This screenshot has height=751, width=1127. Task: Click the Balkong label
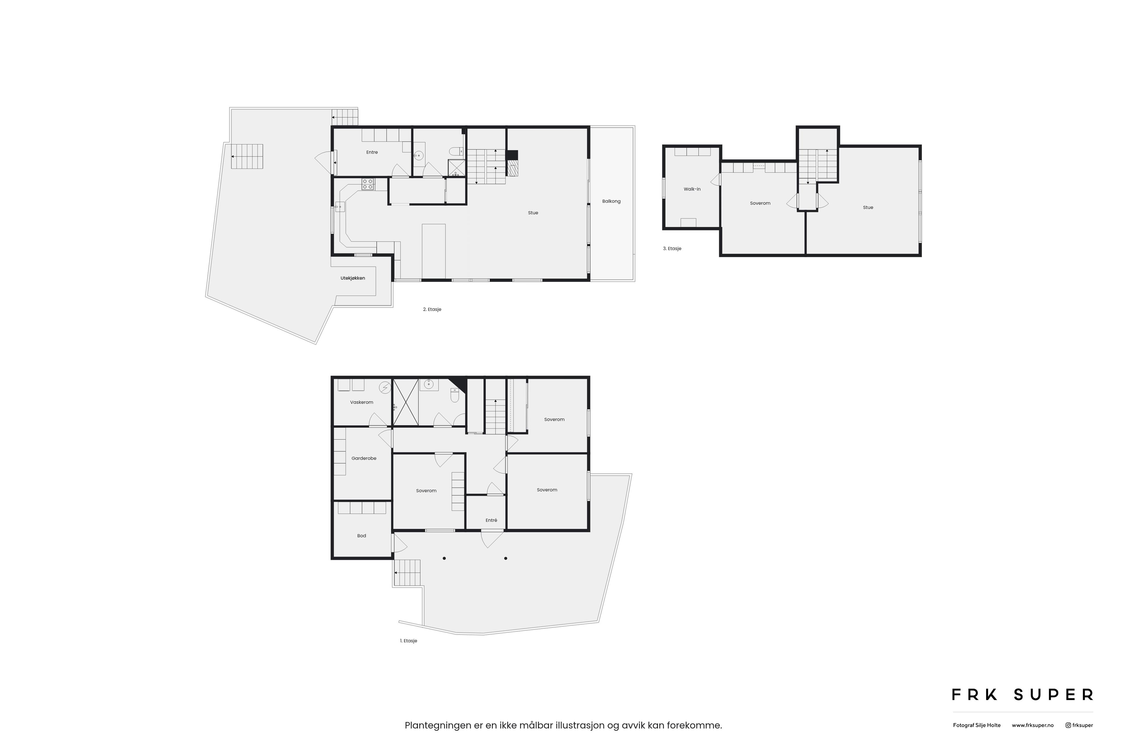[611, 201]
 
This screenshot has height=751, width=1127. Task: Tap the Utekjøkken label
[353, 278]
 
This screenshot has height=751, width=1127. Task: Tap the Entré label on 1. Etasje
[491, 520]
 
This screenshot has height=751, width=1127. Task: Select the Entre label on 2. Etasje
[372, 152]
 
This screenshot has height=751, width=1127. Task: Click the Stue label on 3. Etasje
[868, 207]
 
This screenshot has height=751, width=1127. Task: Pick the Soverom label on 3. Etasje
[760, 203]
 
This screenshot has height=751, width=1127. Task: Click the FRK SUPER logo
[1022, 694]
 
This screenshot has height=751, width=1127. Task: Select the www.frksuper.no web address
[1032, 725]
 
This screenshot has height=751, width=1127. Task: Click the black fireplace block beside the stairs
[512, 155]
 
